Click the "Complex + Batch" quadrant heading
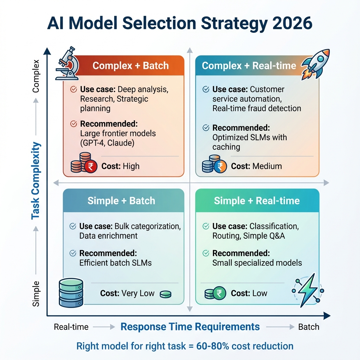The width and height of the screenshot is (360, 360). (130, 66)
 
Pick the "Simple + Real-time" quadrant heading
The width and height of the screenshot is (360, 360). (257, 201)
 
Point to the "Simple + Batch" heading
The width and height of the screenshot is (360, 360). (121, 201)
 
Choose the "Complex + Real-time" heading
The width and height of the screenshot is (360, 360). (249, 66)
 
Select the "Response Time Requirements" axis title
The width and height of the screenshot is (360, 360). (190, 327)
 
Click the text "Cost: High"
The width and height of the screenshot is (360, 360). (120, 166)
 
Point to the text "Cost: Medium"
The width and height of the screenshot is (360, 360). (256, 166)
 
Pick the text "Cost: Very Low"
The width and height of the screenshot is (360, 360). (127, 293)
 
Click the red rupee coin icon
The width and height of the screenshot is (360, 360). (91, 167)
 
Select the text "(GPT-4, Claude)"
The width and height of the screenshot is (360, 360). (108, 143)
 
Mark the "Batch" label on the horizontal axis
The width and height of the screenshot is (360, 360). (309, 327)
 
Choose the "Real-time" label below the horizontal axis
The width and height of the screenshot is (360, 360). (71, 327)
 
